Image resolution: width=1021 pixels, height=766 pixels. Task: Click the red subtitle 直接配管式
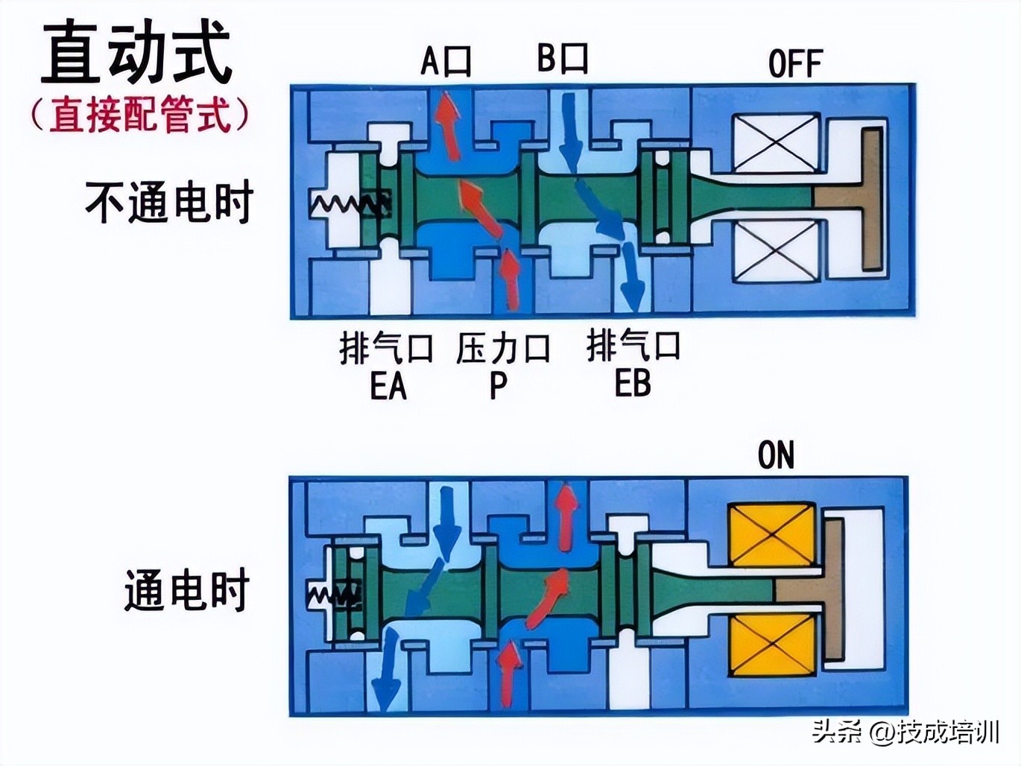[x=140, y=115]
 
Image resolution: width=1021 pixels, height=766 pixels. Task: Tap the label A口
[x=446, y=60]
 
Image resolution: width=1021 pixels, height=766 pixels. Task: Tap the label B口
[x=563, y=57]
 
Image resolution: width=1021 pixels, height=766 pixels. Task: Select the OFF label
[x=794, y=64]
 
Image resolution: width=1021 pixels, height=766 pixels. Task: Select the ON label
[x=776, y=455]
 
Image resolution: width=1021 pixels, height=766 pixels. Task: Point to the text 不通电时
[x=169, y=202]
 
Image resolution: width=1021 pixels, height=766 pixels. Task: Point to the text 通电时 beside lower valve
[x=186, y=590]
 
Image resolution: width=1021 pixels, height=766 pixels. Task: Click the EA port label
[x=388, y=386]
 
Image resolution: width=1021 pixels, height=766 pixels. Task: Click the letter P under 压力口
[x=498, y=386]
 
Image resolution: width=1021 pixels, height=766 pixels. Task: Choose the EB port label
[x=633, y=384]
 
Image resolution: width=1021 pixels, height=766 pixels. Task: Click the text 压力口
[x=503, y=348]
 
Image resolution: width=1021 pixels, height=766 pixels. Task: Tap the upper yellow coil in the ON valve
[x=771, y=534]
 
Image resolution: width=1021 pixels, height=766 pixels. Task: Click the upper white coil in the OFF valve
[x=776, y=144]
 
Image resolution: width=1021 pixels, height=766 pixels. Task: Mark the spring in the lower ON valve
[x=333, y=594]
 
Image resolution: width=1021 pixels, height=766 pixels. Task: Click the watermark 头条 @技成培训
[x=905, y=732]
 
